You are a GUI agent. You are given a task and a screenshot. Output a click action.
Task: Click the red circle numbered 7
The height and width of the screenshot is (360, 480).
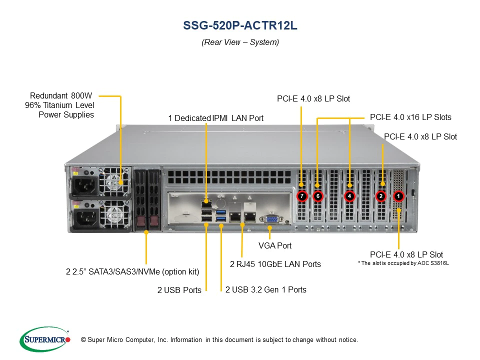tap(302, 196)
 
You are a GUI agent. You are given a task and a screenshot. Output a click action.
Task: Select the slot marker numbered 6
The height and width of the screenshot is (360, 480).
tap(318, 196)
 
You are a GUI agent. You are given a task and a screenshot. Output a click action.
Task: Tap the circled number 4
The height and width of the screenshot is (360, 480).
tap(349, 196)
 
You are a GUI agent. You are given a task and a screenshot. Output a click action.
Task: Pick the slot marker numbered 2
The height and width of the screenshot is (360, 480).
tap(381, 196)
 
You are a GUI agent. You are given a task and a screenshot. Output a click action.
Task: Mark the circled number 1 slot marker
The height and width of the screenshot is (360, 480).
tap(398, 196)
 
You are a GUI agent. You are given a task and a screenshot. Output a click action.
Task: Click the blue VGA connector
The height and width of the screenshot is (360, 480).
tap(271, 219)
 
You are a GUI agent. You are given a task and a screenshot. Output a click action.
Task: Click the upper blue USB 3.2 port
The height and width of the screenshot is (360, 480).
tap(221, 212)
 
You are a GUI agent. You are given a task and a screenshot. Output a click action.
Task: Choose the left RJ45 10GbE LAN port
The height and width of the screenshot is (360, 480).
tap(235, 216)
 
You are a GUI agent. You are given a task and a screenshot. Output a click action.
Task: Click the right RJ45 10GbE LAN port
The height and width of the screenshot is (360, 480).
tap(250, 216)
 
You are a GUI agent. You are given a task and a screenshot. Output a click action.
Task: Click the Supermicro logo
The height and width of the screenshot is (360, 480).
tap(45, 339)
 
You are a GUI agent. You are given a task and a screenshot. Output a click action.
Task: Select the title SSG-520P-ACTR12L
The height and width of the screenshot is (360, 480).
tap(240, 25)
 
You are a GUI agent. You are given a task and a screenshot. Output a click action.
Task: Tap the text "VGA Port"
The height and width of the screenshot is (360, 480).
tap(275, 245)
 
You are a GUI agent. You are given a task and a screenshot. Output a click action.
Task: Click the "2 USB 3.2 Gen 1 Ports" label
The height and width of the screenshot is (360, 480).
tap(265, 289)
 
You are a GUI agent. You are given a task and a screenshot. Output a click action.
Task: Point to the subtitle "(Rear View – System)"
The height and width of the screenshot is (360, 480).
tap(240, 42)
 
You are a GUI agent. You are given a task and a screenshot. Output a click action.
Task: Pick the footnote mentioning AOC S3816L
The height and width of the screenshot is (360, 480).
tap(403, 263)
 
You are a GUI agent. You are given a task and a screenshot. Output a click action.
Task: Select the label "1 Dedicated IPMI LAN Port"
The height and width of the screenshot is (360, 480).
tap(216, 118)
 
